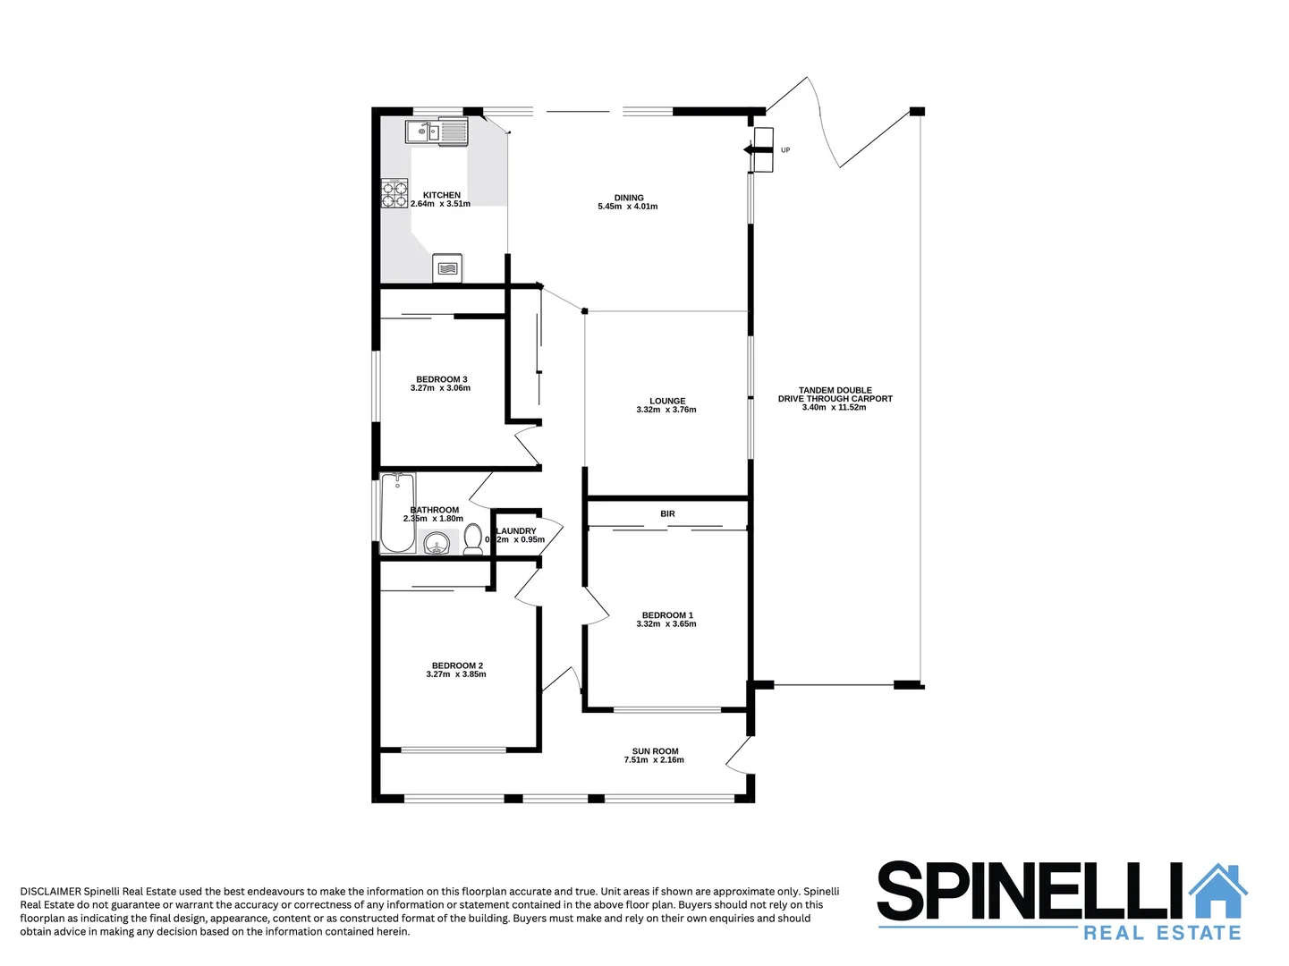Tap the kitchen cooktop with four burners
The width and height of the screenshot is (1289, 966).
394,193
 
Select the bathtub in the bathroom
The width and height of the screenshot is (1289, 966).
397,513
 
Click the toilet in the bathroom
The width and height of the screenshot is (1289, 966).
473,539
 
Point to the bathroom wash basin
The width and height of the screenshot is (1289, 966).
437,542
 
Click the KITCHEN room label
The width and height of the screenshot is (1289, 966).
442,195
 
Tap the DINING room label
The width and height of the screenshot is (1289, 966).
629,198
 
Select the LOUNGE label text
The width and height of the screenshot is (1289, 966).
667,401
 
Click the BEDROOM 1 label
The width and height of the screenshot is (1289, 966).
667,615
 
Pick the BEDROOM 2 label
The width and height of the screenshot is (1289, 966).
457,665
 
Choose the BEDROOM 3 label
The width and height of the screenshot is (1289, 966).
441,379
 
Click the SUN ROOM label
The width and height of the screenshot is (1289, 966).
655,751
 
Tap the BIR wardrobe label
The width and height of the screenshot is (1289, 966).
667,513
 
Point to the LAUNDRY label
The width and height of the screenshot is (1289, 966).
517,531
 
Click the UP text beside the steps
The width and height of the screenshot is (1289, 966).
785,150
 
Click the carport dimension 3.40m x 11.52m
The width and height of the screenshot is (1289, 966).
834,408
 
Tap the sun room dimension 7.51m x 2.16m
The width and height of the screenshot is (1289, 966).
654,760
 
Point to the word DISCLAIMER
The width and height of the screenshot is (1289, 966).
50,891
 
